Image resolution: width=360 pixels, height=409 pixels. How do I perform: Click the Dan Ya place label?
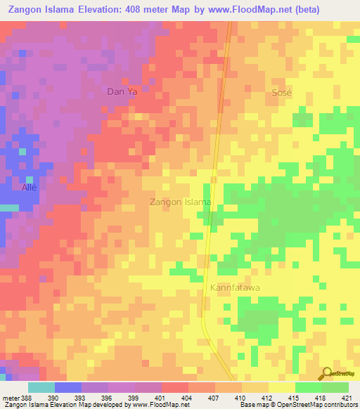tap(121, 91)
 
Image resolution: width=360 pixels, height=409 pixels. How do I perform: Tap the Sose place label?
tap(281, 93)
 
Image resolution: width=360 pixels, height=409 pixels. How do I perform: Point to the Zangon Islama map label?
tap(181, 202)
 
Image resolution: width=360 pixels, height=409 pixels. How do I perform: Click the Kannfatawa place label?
tap(236, 288)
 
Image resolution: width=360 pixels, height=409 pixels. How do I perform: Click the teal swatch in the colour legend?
tap(41, 387)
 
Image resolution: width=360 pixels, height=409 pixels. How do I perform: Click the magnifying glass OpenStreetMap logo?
tap(326, 373)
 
